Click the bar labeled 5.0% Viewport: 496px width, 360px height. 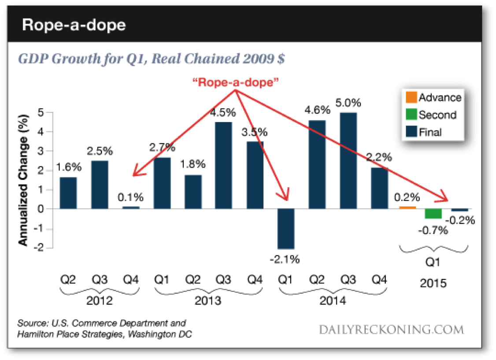click(348, 161)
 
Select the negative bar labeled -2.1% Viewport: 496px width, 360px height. click(286, 229)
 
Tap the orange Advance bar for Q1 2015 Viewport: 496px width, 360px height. click(407, 207)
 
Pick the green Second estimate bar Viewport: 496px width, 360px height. click(433, 214)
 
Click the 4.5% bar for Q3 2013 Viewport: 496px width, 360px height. click(223, 165)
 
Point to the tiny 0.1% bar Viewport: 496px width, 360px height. click(130, 207)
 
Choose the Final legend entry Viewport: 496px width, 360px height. click(430, 132)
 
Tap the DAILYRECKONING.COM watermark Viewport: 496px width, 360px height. click(393, 329)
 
